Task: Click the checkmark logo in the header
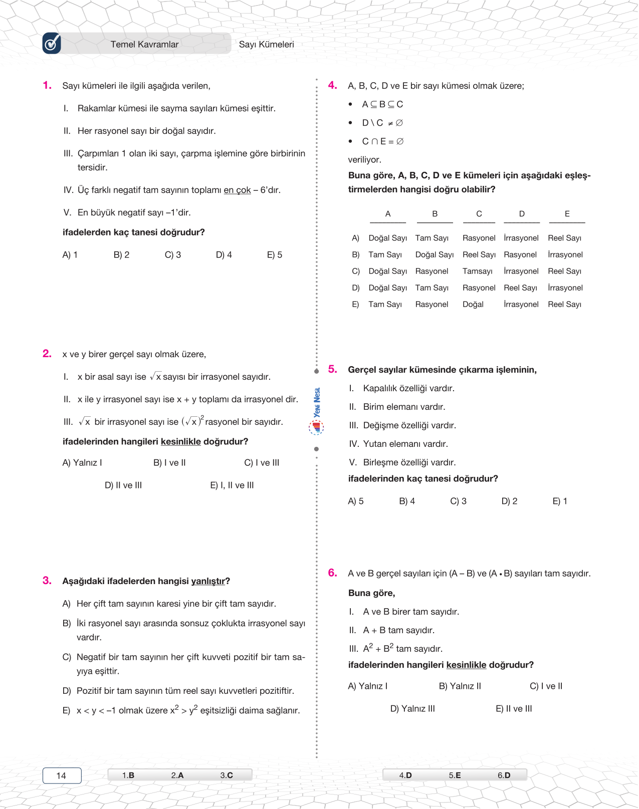point(52,44)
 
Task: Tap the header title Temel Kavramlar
point(144,45)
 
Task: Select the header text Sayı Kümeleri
point(266,45)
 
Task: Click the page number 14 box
point(62,775)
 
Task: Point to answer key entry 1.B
point(128,775)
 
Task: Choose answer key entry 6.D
point(504,775)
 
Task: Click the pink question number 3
point(47,581)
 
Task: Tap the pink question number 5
point(333,369)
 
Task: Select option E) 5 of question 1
point(275,255)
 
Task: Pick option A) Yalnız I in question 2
point(82,463)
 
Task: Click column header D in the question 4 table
point(522,214)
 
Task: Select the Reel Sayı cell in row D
point(520,288)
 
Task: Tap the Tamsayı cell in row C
point(477,271)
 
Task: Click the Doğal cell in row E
point(473,304)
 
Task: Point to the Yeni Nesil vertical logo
point(317,403)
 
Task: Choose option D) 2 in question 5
point(509,501)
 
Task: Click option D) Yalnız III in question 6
point(412,709)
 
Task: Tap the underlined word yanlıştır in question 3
point(208,581)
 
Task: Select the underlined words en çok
point(237,190)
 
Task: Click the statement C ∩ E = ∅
point(382,141)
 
